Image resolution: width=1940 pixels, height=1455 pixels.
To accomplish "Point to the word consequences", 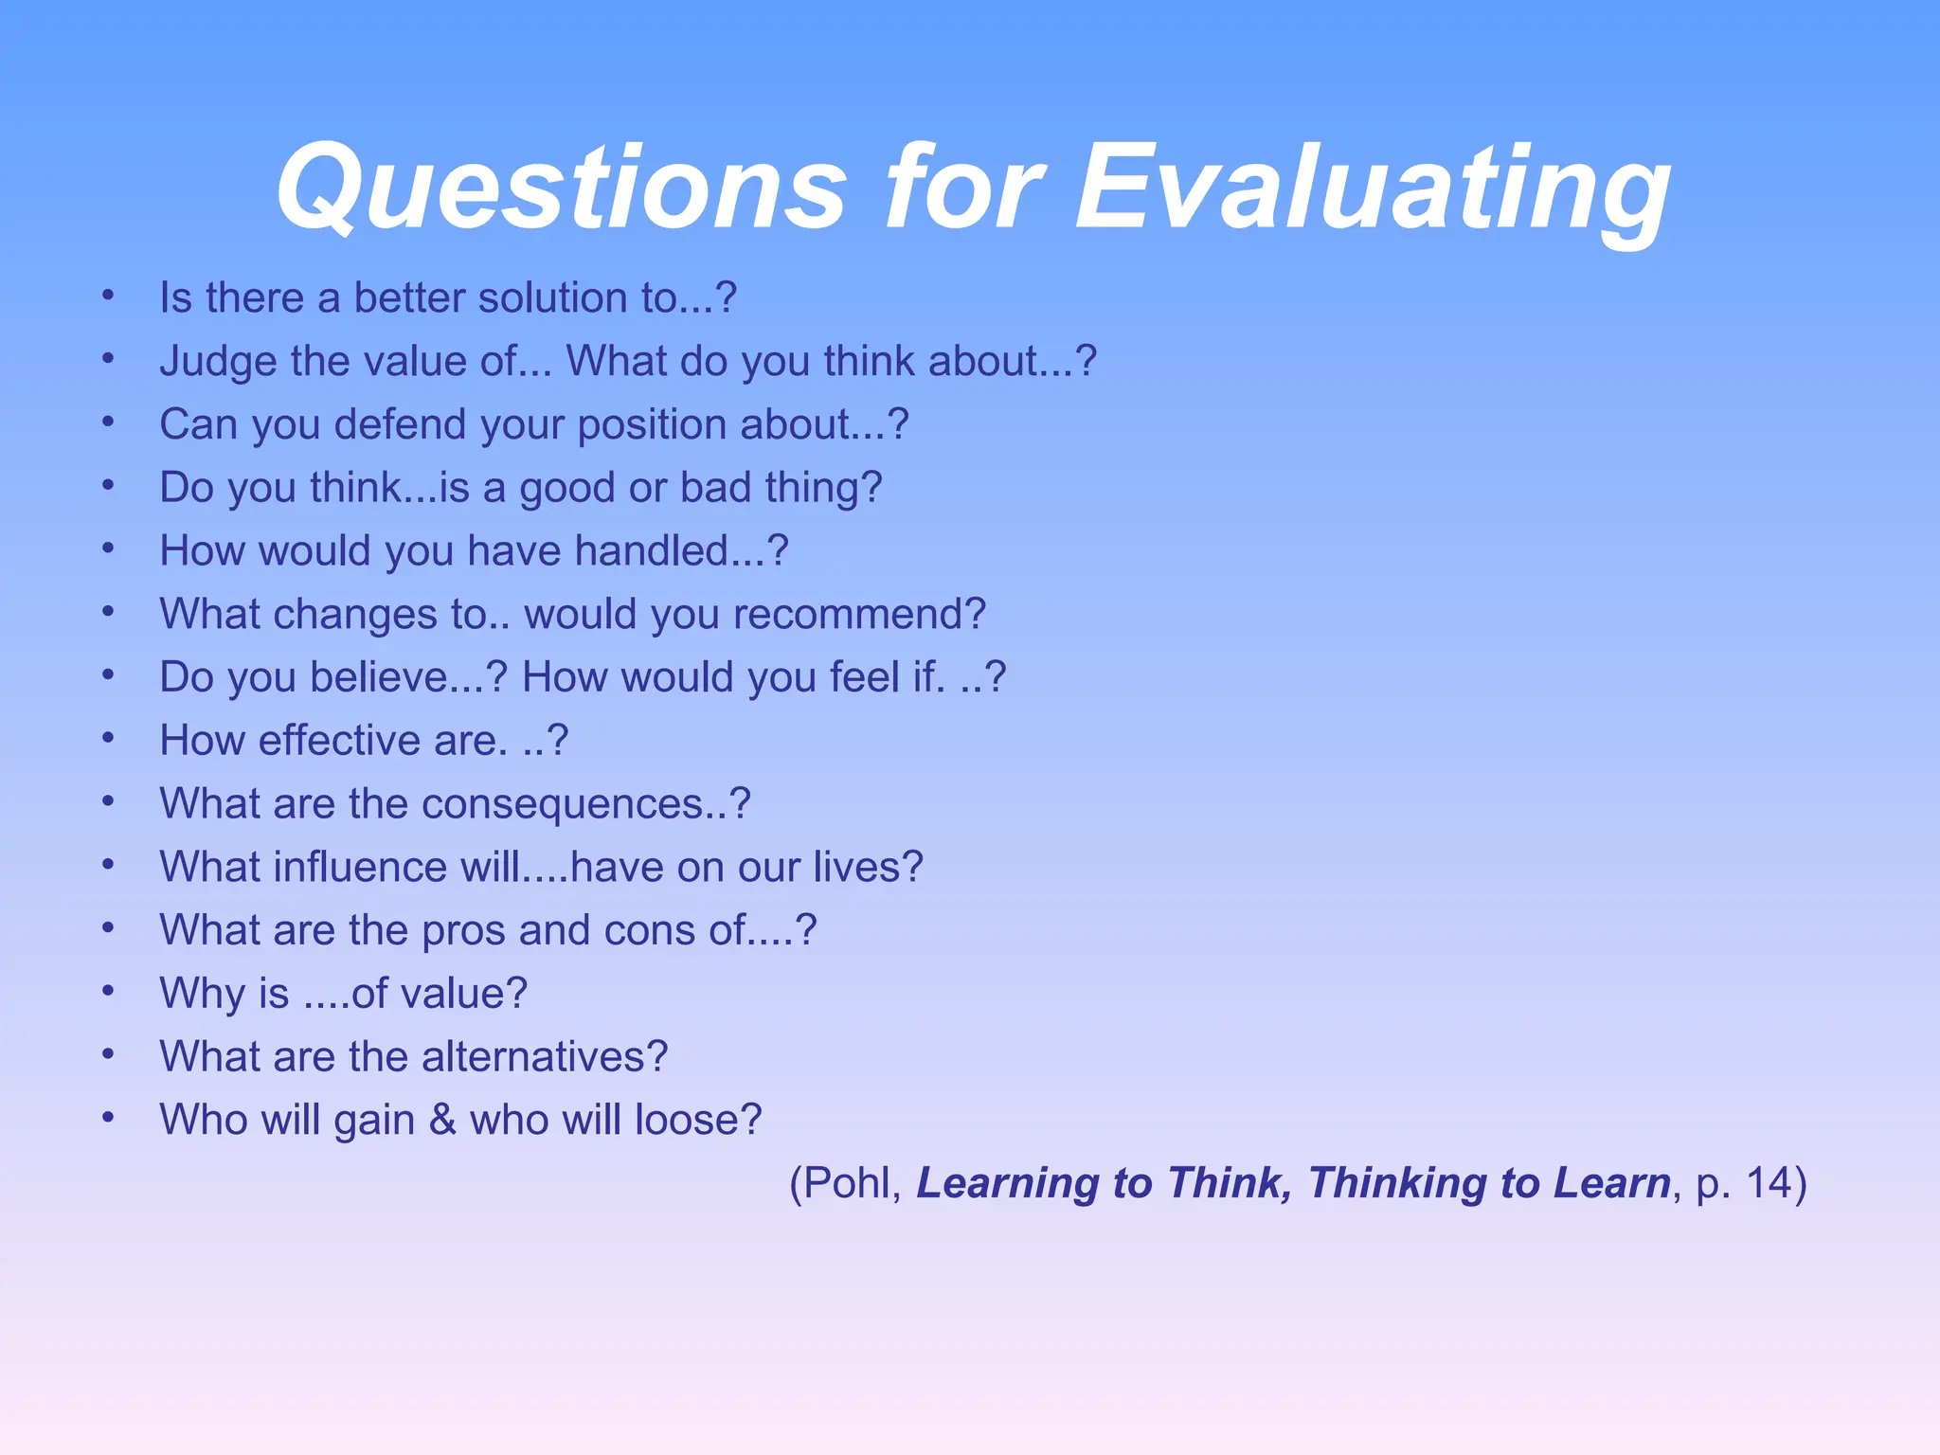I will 563,804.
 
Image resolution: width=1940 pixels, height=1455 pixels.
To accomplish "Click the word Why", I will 203,994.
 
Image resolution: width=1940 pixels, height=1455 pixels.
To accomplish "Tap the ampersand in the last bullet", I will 442,1120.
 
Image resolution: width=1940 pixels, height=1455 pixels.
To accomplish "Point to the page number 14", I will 1768,1183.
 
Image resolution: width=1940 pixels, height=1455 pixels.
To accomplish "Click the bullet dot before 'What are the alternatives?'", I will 109,1053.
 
